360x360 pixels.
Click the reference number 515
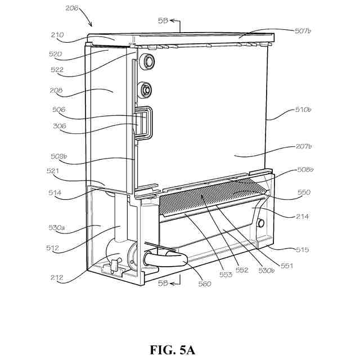click(300, 249)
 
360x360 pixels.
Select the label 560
click(205, 283)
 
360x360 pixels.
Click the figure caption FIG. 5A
click(173, 350)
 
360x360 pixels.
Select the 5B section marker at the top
click(163, 20)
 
